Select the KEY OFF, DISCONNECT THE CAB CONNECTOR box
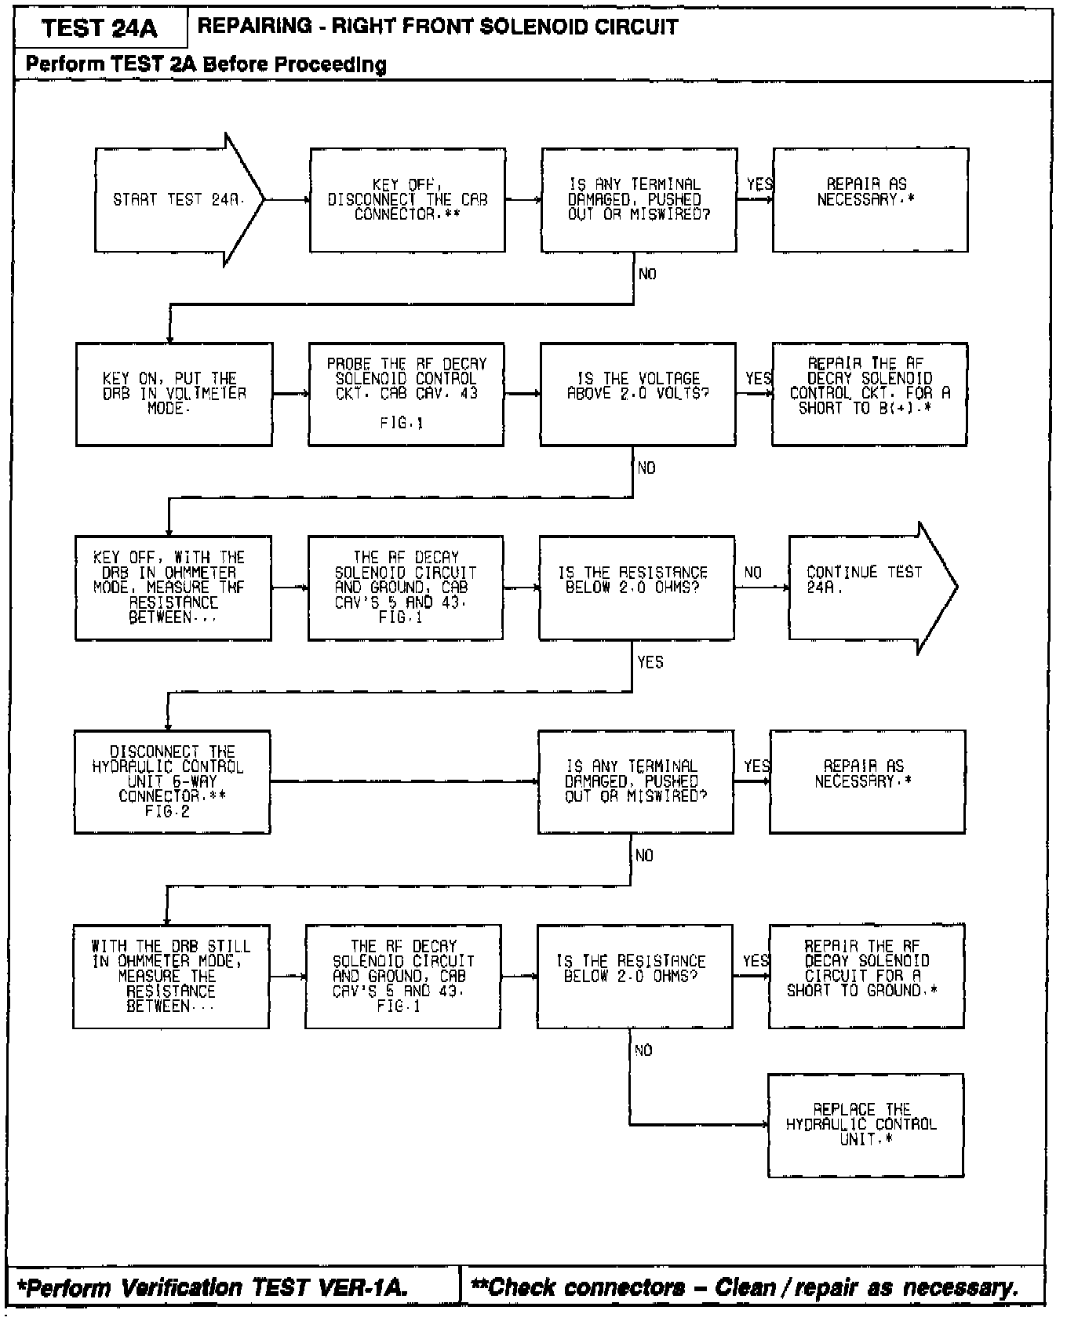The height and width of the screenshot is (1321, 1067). pyautogui.click(x=407, y=200)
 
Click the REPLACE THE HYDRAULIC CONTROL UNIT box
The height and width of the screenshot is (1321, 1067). pyautogui.click(x=865, y=1125)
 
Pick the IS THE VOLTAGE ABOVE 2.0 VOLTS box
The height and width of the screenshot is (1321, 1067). pyautogui.click(x=638, y=394)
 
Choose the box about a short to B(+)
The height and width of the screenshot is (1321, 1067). pyautogui.click(x=869, y=394)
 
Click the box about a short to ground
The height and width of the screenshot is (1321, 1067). pyautogui.click(x=866, y=976)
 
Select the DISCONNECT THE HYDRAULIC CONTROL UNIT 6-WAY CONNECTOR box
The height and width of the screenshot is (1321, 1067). pyautogui.click(x=172, y=781)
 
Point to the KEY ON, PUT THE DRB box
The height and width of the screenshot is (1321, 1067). pyautogui.click(x=174, y=394)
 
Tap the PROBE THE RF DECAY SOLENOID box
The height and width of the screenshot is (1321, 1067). pyautogui.click(x=406, y=394)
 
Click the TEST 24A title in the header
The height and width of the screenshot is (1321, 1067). pyautogui.click(x=100, y=29)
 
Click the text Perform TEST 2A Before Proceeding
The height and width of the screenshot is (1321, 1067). pyautogui.click(x=206, y=64)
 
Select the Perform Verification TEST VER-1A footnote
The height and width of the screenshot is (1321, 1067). pyautogui.click(x=213, y=1287)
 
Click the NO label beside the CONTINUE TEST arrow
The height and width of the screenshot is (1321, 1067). pyautogui.click(x=752, y=573)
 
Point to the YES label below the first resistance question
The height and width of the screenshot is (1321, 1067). pyautogui.click(x=650, y=662)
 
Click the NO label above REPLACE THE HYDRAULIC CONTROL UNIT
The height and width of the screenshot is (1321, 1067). pyautogui.click(x=643, y=1050)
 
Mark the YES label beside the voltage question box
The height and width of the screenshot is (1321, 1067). pyautogui.click(x=758, y=379)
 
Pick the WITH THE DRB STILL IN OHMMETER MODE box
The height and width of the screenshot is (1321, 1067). pyautogui.click(x=171, y=976)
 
